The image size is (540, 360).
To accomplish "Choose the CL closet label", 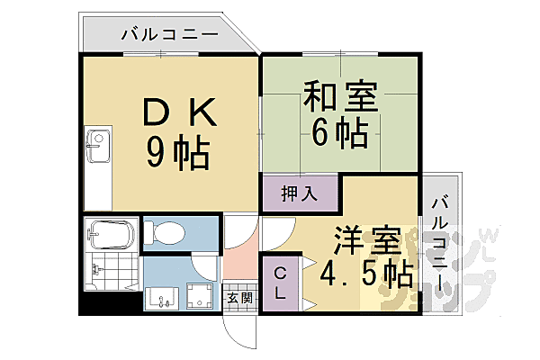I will pyautogui.click(x=281, y=283).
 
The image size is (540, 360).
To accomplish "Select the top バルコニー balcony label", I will pyautogui.click(x=168, y=34).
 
